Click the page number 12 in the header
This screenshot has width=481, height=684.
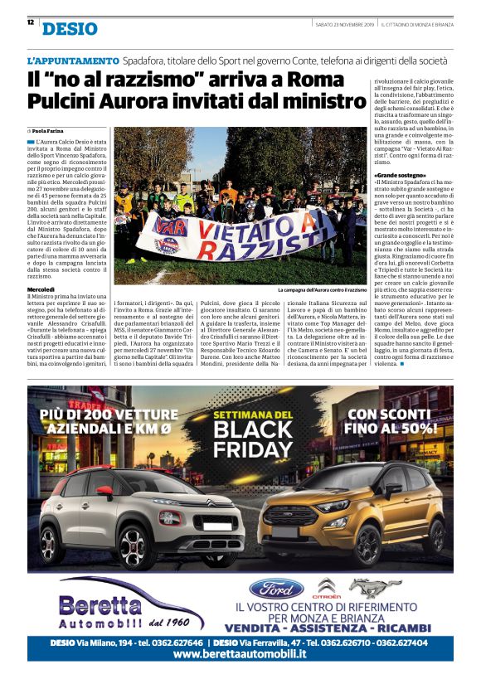31,22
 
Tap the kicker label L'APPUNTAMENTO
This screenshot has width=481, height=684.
73,61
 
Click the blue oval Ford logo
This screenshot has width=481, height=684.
276,589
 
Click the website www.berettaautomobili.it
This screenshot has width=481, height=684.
240,654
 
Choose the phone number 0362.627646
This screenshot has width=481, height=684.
177,642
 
